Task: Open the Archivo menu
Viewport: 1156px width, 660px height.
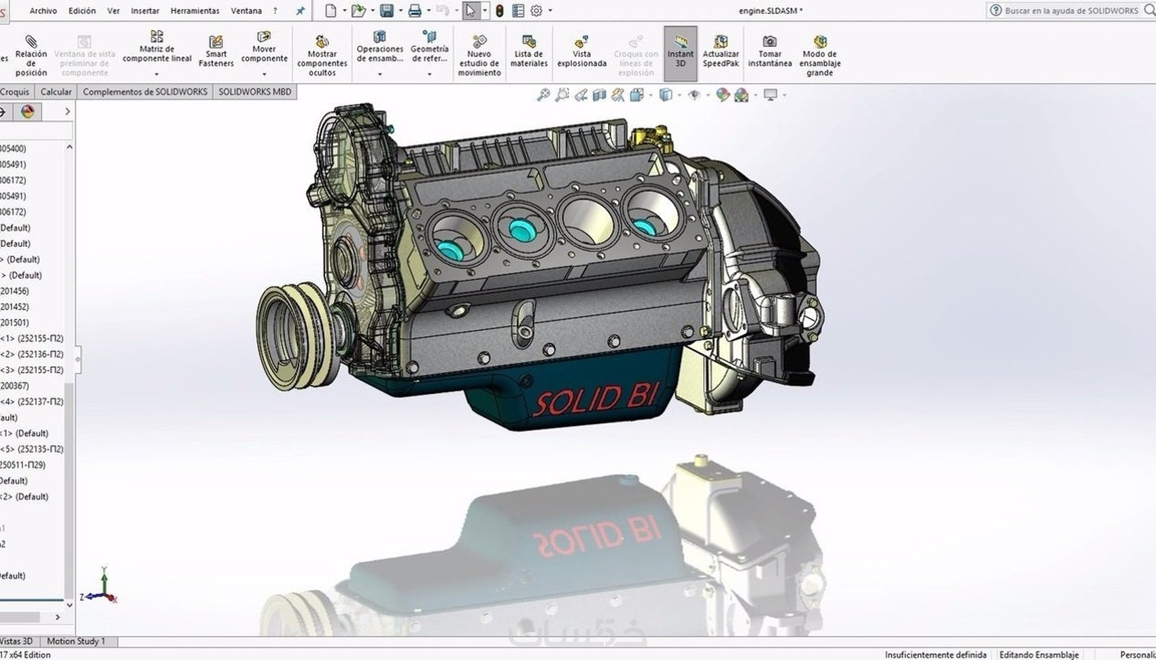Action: pos(43,11)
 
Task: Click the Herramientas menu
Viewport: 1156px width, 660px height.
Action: pos(194,11)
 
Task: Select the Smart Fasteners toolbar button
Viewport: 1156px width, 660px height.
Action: pos(216,51)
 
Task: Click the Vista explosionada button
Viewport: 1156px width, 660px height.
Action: pos(581,52)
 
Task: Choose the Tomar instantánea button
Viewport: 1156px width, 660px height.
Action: pos(769,52)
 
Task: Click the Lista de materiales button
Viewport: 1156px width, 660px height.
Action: pos(528,52)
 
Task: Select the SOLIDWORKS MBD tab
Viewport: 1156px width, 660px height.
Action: pos(254,92)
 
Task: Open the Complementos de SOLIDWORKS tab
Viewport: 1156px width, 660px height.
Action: pos(145,92)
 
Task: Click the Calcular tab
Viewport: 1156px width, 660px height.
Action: pos(56,92)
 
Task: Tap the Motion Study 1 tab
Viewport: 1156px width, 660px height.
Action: pos(76,641)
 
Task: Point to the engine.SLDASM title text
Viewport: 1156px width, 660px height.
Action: pos(770,11)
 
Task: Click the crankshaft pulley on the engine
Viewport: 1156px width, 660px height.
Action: pos(289,336)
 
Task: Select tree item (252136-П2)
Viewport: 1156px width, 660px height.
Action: pos(37,354)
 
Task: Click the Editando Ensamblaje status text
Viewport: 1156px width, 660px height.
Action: pos(1038,655)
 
